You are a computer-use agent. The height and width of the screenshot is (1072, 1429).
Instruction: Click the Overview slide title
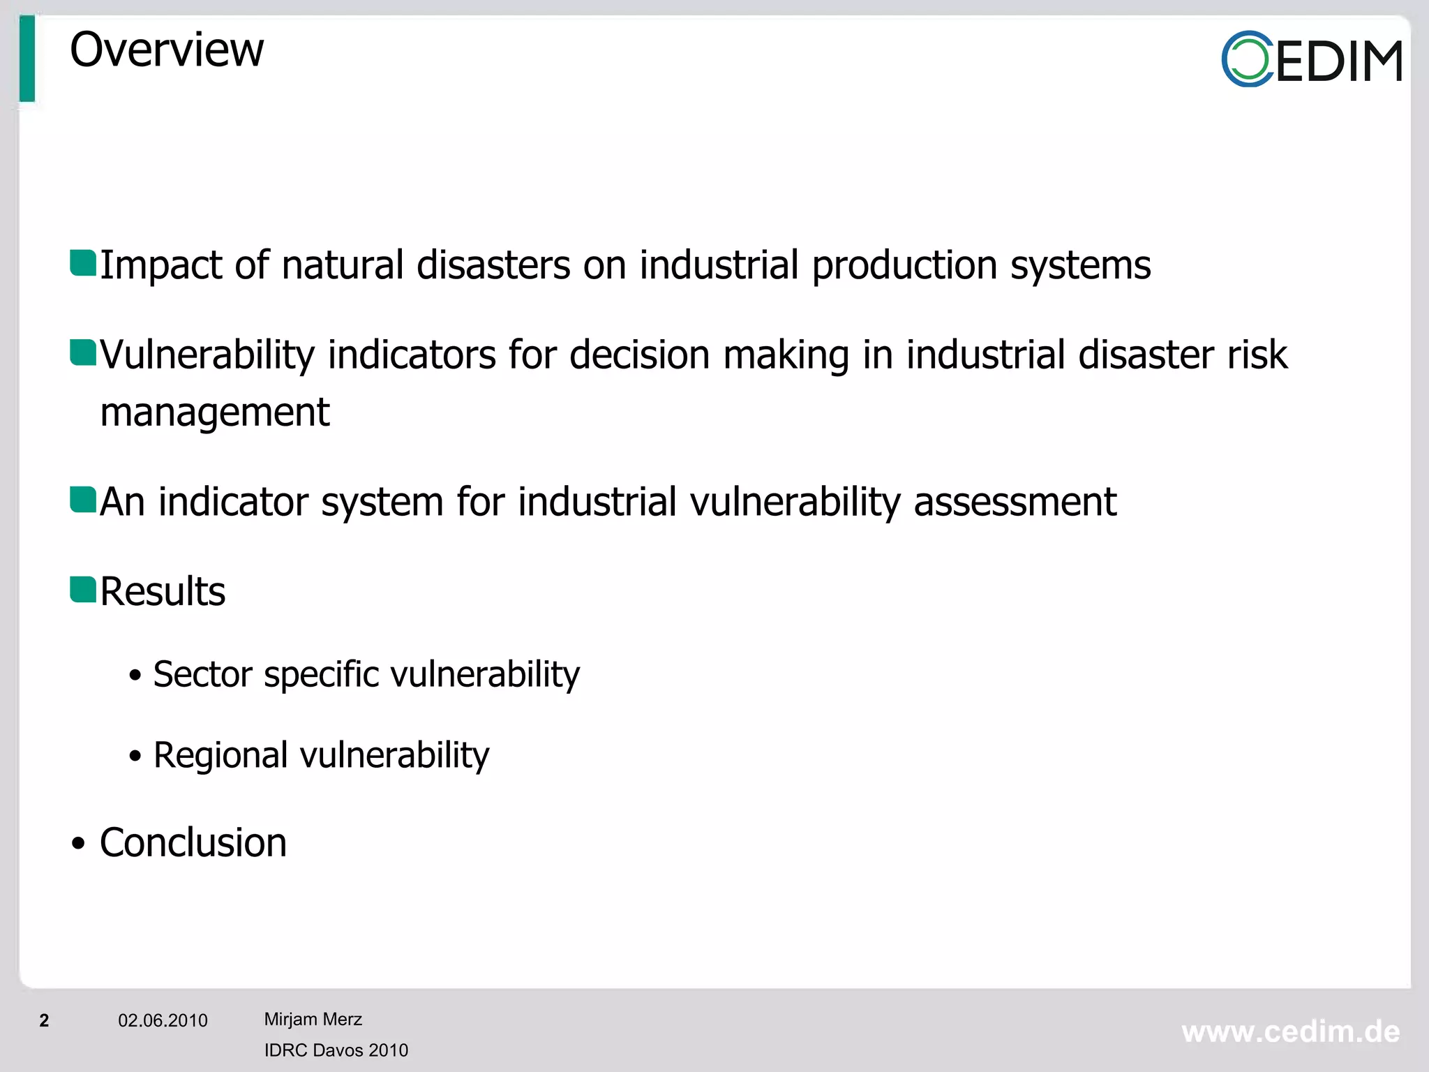167,50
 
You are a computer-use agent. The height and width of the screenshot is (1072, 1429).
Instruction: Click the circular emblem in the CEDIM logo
1247,59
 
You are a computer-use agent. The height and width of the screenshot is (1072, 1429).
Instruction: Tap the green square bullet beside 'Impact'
83,263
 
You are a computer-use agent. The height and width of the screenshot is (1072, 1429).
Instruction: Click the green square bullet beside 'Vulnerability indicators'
83,352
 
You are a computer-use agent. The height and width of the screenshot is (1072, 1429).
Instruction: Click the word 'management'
215,412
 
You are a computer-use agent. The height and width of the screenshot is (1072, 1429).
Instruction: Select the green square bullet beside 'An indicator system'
83,500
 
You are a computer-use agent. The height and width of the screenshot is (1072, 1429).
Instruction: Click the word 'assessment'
1015,502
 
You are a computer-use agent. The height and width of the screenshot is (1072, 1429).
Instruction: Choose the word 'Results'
163,592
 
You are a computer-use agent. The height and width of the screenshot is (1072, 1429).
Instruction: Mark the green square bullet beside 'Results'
83,590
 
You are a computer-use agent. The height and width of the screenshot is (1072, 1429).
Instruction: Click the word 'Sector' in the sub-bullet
202,674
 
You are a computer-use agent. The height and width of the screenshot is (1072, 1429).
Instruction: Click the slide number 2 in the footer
44,1020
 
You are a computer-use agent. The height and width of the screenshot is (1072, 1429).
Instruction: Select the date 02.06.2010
163,1020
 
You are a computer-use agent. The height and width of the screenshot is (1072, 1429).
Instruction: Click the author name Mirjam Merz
313,1019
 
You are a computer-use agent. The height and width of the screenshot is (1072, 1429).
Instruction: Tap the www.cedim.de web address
1290,1032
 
